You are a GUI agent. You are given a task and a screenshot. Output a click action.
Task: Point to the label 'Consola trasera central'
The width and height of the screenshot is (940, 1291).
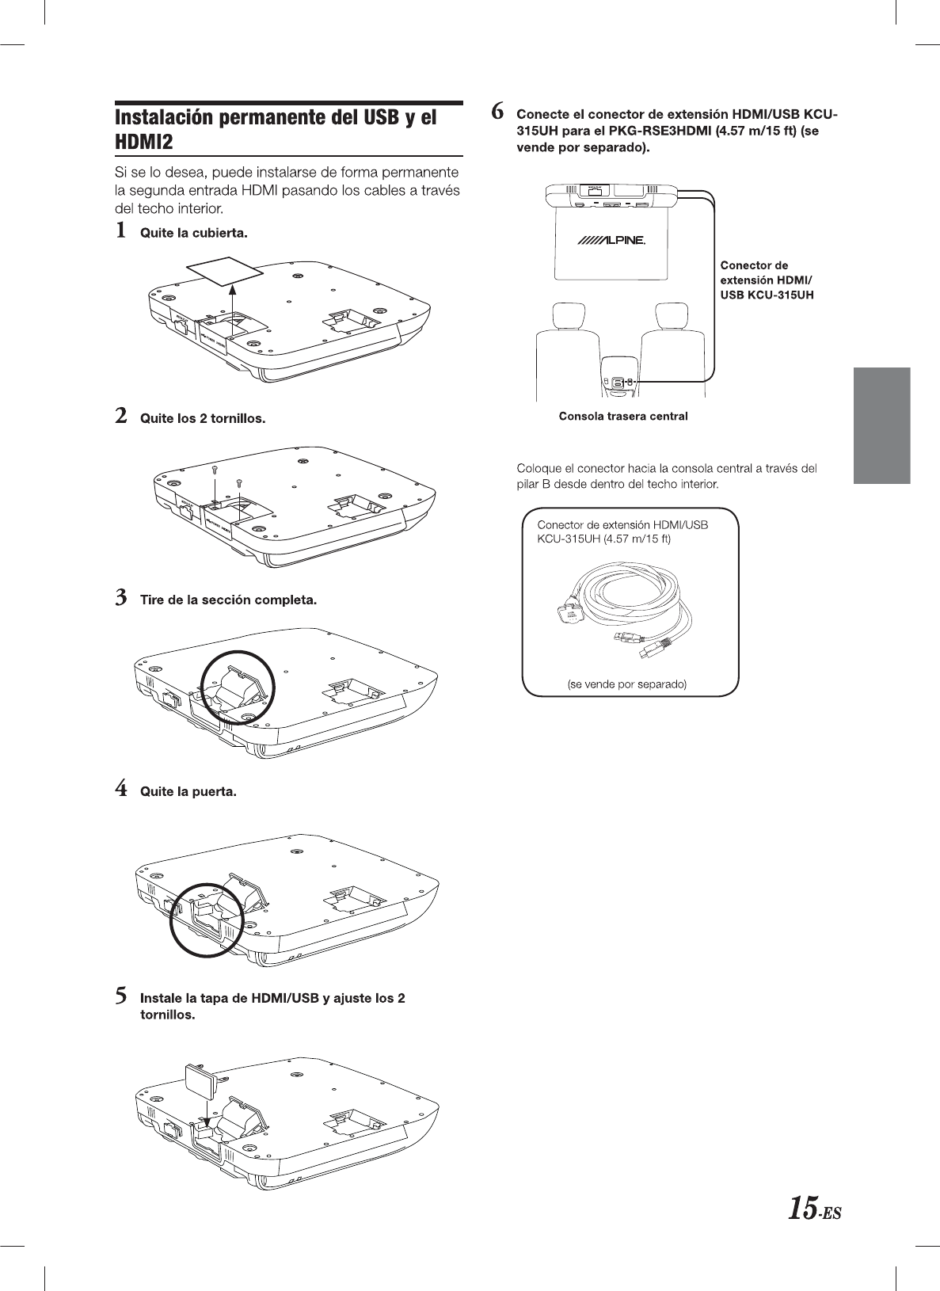tap(623, 416)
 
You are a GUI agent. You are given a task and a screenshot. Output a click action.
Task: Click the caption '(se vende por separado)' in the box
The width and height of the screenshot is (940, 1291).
tap(626, 684)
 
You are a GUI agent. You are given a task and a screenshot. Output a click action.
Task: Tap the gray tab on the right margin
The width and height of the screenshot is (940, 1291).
tap(881, 425)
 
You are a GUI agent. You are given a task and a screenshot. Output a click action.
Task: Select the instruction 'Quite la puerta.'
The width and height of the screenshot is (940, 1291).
tap(188, 791)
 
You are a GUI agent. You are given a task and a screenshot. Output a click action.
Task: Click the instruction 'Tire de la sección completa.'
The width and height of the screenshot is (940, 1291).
tap(228, 600)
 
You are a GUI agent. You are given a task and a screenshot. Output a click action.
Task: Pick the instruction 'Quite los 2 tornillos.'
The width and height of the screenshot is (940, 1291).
tap(202, 418)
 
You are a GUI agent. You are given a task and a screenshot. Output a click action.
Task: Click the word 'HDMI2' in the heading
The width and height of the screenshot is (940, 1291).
tap(144, 142)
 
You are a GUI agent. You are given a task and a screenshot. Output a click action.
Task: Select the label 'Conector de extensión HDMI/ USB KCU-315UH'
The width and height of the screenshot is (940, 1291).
tap(767, 280)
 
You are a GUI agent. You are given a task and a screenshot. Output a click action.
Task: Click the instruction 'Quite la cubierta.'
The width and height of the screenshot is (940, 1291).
tap(193, 233)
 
